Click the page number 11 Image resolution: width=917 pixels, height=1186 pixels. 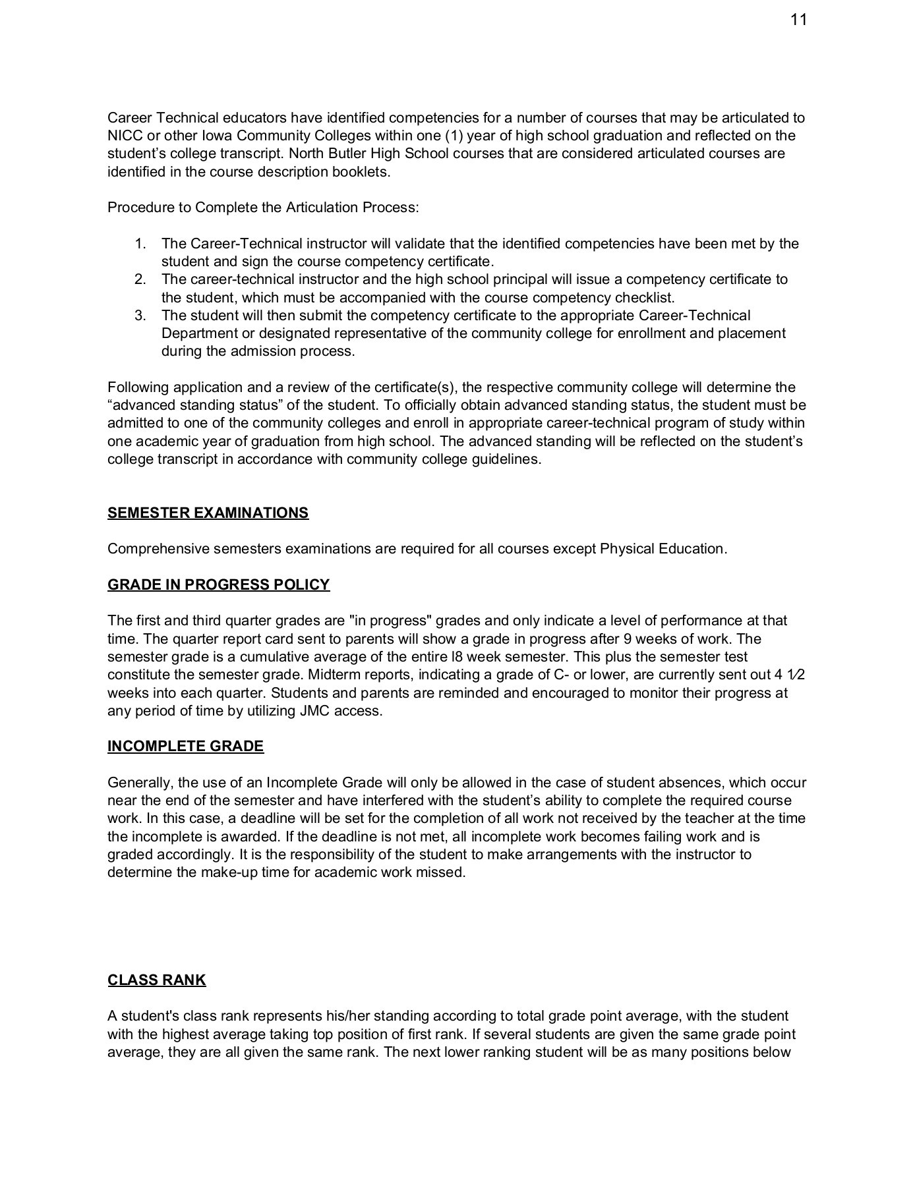tap(798, 20)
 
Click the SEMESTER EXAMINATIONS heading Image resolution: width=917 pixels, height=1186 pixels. tap(208, 513)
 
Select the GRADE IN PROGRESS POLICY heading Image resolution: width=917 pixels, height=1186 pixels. tap(218, 584)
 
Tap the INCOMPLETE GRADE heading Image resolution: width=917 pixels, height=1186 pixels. tap(185, 746)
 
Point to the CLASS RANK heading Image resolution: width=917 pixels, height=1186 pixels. tap(157, 980)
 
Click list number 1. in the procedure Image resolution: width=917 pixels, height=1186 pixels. tap(140, 244)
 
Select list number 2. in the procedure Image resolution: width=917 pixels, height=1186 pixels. tap(140, 279)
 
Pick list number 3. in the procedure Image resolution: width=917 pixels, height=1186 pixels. tap(140, 316)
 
